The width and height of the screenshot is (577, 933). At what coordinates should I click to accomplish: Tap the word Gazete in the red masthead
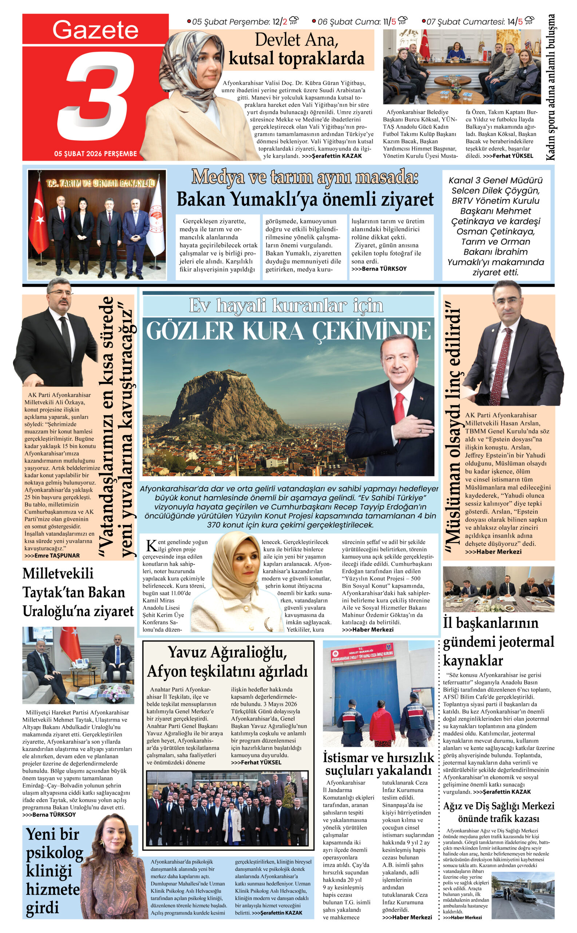[95, 30]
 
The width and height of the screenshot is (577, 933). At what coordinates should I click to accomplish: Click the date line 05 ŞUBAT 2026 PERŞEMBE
[95, 153]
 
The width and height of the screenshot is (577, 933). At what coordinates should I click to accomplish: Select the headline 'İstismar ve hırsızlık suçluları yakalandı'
[378, 764]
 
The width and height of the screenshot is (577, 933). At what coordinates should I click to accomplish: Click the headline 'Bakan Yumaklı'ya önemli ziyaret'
[305, 199]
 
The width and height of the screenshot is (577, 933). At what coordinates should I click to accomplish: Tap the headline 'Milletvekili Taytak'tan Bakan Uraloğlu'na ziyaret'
[78, 593]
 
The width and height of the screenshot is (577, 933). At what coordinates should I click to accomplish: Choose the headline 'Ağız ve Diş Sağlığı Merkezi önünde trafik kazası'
[498, 813]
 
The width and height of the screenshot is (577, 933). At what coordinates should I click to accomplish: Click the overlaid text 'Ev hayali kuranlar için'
[286, 306]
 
